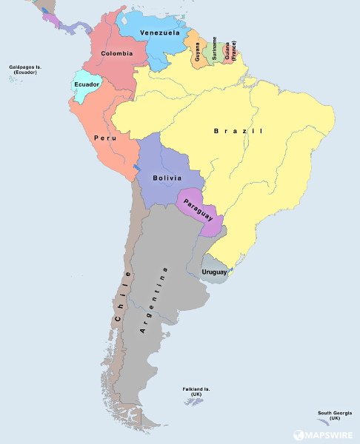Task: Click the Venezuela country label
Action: point(159,33)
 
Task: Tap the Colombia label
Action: point(117,53)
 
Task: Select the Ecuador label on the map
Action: point(86,84)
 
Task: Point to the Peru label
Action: point(104,138)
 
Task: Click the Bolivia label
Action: point(167,178)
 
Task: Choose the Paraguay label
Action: point(199,209)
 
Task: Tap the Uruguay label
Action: point(216,273)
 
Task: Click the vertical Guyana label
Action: point(198,53)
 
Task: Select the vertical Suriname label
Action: point(215,48)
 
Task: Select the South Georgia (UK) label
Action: point(335,415)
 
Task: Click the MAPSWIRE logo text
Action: point(330,436)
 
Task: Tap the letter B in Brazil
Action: point(216,131)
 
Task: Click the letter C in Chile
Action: point(118,318)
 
